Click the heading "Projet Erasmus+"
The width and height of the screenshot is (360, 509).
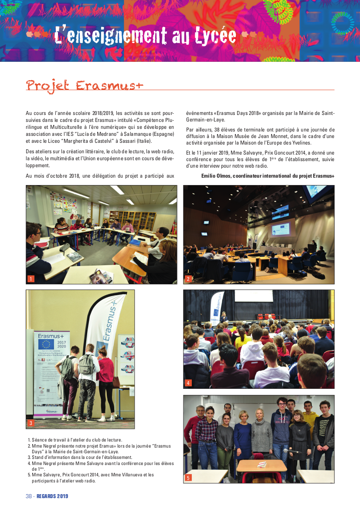point(85,85)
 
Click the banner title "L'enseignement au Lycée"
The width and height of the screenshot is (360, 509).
point(146,36)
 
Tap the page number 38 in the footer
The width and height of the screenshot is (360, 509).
point(29,496)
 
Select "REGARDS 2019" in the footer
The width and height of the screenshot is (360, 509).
point(52,496)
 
